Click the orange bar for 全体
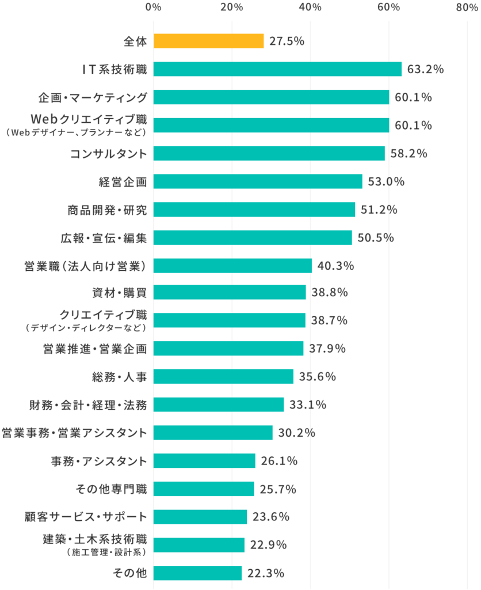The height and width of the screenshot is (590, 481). coord(208,41)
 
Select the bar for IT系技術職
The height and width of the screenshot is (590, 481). coord(277,69)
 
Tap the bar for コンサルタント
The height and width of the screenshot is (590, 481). coord(269,153)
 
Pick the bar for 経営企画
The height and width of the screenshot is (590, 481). coord(258,181)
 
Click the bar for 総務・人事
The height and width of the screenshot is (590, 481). coord(223,376)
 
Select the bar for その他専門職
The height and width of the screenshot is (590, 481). coord(204,489)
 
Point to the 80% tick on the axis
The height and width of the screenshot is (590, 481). coord(466,7)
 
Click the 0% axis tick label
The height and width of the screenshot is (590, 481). coord(153,7)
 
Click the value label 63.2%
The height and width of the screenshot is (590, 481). coord(425,69)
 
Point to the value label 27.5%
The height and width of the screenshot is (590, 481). coord(287,41)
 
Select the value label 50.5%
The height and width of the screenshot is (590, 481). coord(375,237)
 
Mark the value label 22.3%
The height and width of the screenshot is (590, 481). coord(265,573)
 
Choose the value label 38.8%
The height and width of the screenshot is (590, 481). coord(330,293)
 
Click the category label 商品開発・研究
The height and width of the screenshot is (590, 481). coord(107,210)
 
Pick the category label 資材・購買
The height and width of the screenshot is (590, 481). coord(120,293)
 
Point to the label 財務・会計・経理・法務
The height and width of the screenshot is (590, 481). coord(88,404)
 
